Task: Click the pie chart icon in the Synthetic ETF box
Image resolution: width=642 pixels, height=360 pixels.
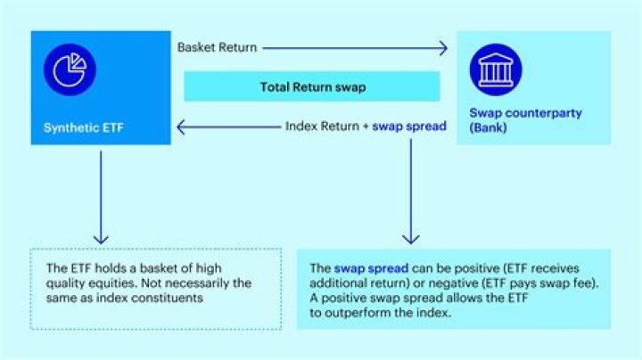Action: point(69,70)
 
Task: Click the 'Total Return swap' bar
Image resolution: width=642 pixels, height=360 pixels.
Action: point(311,86)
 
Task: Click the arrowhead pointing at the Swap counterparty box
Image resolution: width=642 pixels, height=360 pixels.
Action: point(443,48)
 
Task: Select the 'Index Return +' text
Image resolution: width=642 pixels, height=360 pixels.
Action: point(325,127)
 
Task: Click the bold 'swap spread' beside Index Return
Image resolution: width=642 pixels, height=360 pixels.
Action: point(409,127)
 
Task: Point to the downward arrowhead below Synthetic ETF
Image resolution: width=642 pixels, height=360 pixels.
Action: point(101,239)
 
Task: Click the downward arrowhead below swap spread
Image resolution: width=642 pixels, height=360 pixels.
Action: point(410,239)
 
